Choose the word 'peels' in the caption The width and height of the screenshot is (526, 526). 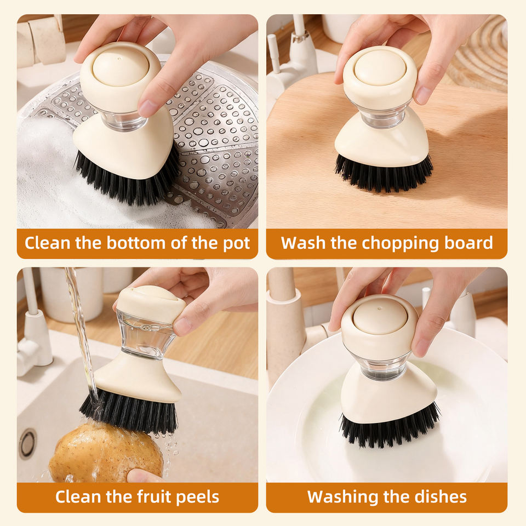[x=198, y=498]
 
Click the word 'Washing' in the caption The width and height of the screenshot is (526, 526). [x=337, y=497]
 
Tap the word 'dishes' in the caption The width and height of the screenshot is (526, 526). [x=441, y=497]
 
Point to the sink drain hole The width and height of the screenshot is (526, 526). [x=27, y=444]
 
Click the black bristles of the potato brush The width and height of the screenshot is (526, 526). [x=129, y=411]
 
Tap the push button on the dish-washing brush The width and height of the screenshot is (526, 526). [x=380, y=316]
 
